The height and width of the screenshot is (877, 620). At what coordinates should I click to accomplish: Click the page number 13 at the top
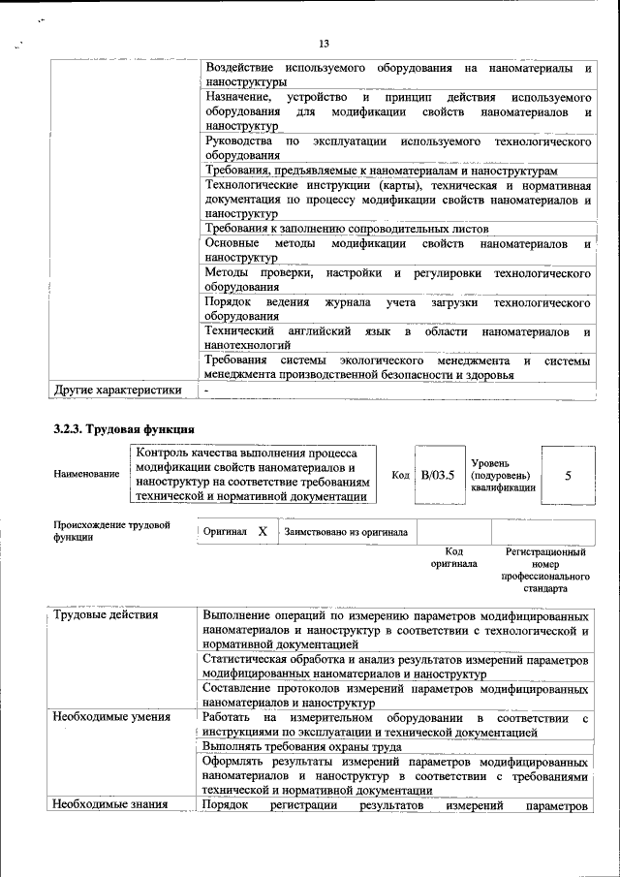324,43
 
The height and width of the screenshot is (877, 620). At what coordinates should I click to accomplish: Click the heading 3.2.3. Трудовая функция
124,428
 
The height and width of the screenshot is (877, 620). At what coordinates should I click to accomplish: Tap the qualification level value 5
568,476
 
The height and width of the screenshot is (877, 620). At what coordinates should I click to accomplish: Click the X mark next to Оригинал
262,532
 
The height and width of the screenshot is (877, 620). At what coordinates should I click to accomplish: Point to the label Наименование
87,474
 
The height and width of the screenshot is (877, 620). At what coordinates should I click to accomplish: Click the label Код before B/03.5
400,476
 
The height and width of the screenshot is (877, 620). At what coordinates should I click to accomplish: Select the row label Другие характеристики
117,391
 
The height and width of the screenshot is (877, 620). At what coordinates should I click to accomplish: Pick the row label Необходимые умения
111,717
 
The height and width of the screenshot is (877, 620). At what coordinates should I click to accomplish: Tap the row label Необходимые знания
110,805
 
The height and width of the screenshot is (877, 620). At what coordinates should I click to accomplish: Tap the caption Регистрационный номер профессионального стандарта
545,570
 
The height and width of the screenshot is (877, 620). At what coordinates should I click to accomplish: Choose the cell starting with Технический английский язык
398,338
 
